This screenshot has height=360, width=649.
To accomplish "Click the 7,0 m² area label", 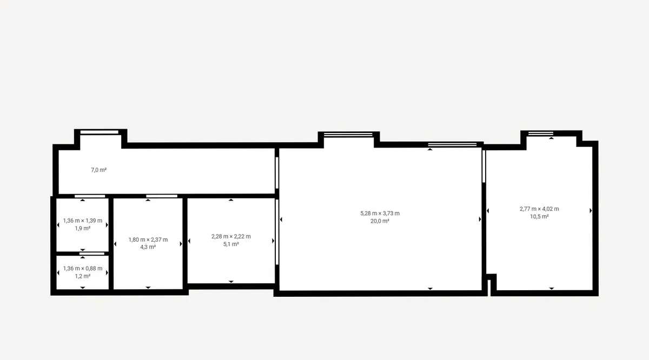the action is click(99, 170).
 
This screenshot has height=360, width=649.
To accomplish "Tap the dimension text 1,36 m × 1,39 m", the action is click(83, 221).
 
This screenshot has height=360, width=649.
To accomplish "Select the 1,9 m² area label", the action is click(83, 229).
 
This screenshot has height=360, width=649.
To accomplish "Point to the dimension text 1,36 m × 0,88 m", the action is click(83, 269).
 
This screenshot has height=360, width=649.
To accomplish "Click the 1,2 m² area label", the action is click(83, 276).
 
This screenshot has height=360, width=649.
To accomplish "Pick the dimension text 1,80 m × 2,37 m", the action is click(148, 239).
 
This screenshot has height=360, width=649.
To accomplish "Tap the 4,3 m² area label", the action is click(148, 247).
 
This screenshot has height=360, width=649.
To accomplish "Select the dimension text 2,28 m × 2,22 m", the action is click(231, 236).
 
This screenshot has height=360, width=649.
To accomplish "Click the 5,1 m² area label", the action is click(231, 244).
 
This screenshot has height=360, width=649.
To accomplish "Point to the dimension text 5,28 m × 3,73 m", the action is click(380, 214).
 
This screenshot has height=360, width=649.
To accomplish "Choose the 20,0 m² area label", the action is click(380, 221).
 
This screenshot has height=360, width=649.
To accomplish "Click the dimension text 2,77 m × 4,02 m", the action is click(539, 209).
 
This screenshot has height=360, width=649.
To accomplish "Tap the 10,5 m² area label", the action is click(539, 217).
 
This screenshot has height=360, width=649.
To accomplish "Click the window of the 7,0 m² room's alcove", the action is click(100, 132).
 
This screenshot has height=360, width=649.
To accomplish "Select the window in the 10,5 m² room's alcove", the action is click(541, 134).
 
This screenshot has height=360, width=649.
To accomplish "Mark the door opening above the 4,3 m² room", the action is click(162, 196).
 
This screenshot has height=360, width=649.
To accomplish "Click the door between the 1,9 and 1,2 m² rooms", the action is click(92, 254).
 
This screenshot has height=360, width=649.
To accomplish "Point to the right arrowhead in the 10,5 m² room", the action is click(591, 211).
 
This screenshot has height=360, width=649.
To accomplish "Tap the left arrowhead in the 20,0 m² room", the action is click(281, 219).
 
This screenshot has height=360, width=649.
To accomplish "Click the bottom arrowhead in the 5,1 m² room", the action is click(231, 282).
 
